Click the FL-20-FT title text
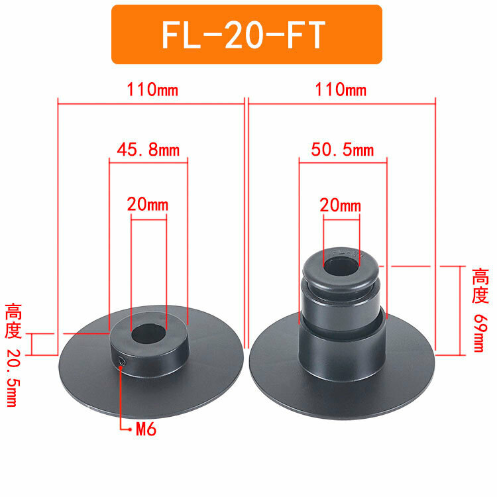click(x=243, y=34)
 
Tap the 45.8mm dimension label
click(x=148, y=150)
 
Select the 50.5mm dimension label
click(x=343, y=150)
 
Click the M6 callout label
click(x=146, y=429)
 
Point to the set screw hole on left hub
click(x=122, y=361)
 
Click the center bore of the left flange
click(x=148, y=334)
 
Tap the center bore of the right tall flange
click(x=341, y=266)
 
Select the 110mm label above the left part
click(x=152, y=89)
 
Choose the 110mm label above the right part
click(x=341, y=89)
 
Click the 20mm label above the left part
click(x=148, y=205)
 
